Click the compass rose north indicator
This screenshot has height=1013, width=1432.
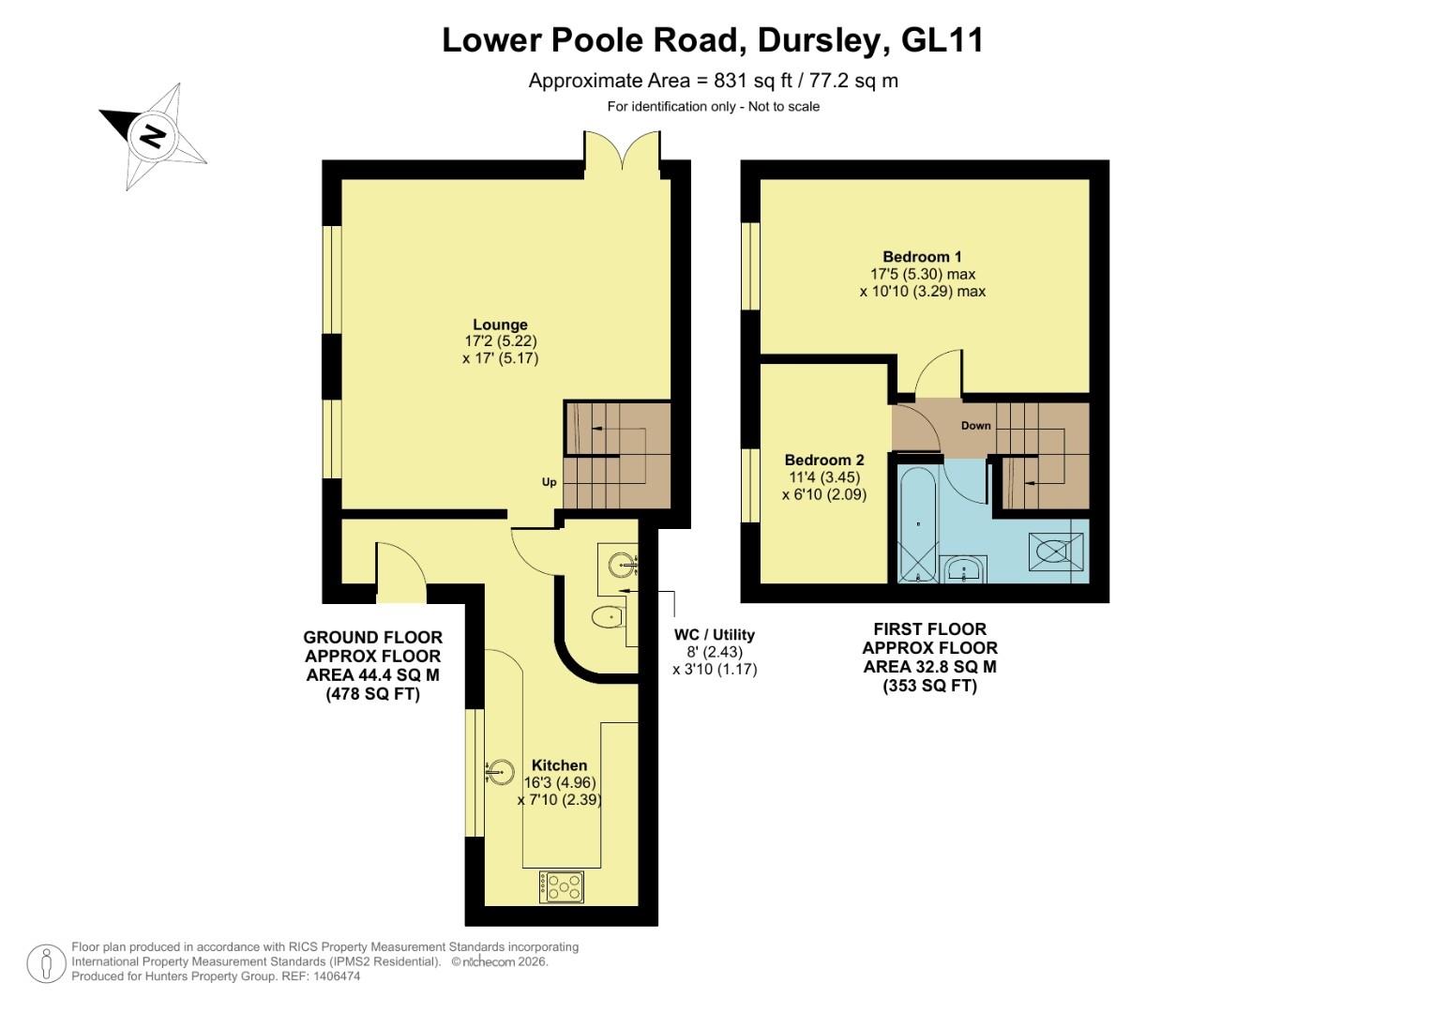pyautogui.click(x=152, y=137)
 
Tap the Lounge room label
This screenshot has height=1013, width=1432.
pyautogui.click(x=500, y=325)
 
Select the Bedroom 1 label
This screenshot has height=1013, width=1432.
pyautogui.click(x=922, y=257)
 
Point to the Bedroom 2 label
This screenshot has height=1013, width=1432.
pyautogui.click(x=824, y=461)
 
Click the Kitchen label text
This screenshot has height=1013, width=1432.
pyautogui.click(x=559, y=765)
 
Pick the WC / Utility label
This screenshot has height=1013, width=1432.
pyautogui.click(x=714, y=635)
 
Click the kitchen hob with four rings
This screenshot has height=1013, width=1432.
pyautogui.click(x=562, y=886)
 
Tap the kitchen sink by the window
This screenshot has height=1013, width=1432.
pyautogui.click(x=501, y=771)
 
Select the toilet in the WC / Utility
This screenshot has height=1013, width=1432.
pyautogui.click(x=609, y=617)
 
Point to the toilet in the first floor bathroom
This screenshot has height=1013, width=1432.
pyautogui.click(x=1056, y=552)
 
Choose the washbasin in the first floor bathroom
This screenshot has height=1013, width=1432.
pyautogui.click(x=963, y=569)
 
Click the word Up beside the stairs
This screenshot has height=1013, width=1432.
pyautogui.click(x=549, y=482)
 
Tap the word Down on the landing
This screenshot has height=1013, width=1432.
pyautogui.click(x=975, y=426)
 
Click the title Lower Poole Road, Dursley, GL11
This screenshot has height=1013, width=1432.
pyautogui.click(x=713, y=40)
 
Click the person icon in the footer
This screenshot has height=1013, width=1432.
pyautogui.click(x=46, y=963)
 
